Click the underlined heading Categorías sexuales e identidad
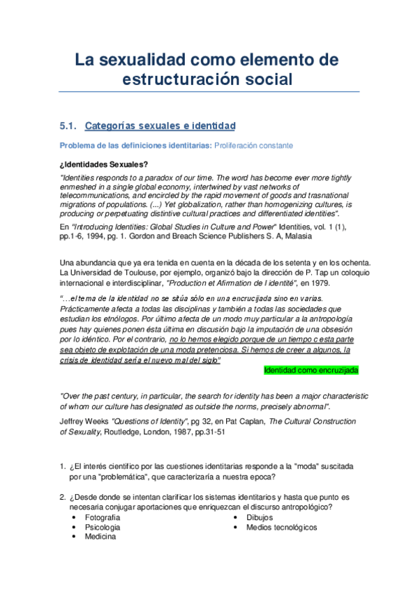(x=160, y=126)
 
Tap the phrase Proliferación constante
(x=254, y=145)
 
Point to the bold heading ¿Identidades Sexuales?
(x=103, y=164)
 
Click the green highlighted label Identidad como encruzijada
(x=311, y=369)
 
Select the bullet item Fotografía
(x=103, y=518)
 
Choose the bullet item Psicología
(x=103, y=528)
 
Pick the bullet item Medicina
(x=100, y=537)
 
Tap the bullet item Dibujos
(x=260, y=518)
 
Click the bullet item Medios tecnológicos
(x=281, y=528)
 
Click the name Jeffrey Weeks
(x=84, y=421)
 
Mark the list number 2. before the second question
(x=63, y=498)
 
